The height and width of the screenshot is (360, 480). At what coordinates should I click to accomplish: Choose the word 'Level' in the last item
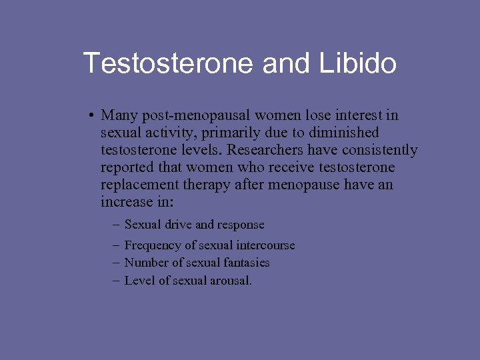click(x=139, y=281)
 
